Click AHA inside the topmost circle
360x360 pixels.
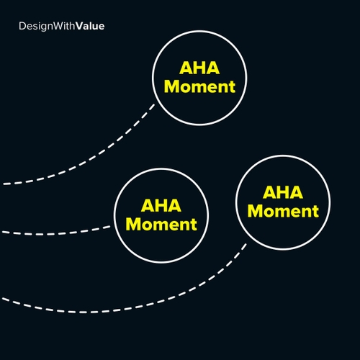coord(199,70)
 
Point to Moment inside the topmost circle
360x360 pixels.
coord(199,87)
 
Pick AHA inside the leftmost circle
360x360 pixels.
coord(161,207)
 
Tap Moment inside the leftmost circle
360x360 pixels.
coord(161,224)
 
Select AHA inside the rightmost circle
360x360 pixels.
coord(283,194)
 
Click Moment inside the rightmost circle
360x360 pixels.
coord(283,212)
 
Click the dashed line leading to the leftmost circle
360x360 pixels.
coord(58,232)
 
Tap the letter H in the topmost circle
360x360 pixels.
coord(199,70)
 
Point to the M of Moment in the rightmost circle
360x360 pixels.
coord(256,212)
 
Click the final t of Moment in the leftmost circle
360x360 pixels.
coord(193,225)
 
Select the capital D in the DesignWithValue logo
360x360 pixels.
coord(22,27)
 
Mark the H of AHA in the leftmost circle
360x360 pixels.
coord(161,207)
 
